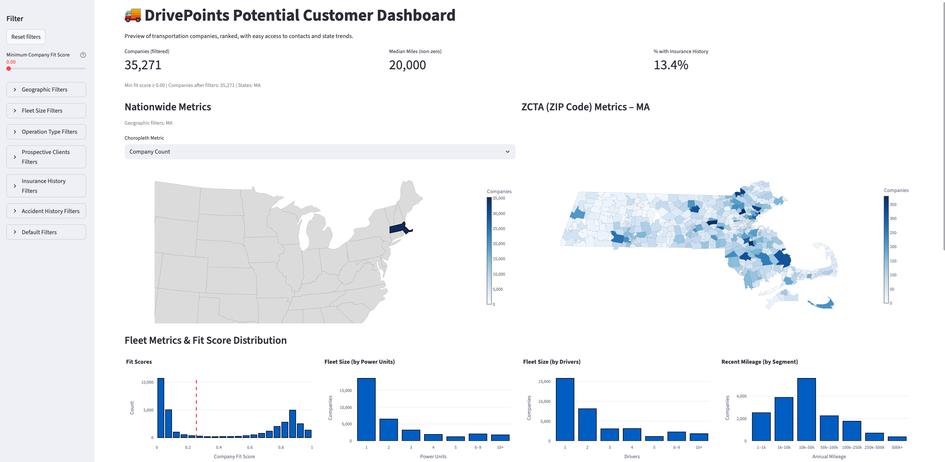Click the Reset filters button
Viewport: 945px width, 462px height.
(26, 37)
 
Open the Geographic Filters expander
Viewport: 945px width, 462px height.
(46, 90)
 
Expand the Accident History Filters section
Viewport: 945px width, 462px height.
(46, 211)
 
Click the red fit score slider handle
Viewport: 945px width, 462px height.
(9, 69)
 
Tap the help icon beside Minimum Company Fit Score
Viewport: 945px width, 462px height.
(83, 55)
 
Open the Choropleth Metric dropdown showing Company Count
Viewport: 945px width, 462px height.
(320, 152)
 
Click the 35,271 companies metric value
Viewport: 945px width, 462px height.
(143, 65)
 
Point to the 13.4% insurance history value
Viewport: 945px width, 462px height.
(671, 65)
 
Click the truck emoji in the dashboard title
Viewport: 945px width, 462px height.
(132, 15)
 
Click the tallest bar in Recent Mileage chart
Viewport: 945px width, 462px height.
(806, 409)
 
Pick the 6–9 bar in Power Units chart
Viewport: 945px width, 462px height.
(478, 437)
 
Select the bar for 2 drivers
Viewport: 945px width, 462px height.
(587, 424)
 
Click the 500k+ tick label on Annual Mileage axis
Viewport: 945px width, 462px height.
(897, 447)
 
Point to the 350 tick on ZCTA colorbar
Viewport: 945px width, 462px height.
(893, 204)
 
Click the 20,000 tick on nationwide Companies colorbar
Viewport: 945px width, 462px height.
(499, 244)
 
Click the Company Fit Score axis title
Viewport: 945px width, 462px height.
(234, 456)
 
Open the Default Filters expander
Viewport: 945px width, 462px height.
(46, 232)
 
